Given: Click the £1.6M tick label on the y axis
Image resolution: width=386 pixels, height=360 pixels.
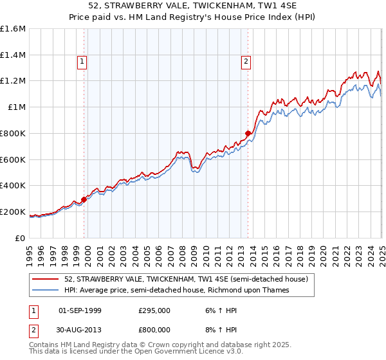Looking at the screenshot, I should [x=12, y=29].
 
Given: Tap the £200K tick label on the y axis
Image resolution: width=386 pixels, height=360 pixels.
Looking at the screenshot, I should [x=12, y=212].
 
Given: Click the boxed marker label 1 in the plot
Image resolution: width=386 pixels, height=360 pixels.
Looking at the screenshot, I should [x=82, y=62].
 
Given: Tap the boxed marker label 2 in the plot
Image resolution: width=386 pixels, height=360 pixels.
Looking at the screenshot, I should [x=246, y=62].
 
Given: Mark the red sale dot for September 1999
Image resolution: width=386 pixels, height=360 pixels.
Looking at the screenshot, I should [x=84, y=199].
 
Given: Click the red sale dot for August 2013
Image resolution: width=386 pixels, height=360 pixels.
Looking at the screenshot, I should [x=248, y=134].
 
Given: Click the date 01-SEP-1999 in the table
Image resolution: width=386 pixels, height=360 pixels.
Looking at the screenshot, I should [x=80, y=310].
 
